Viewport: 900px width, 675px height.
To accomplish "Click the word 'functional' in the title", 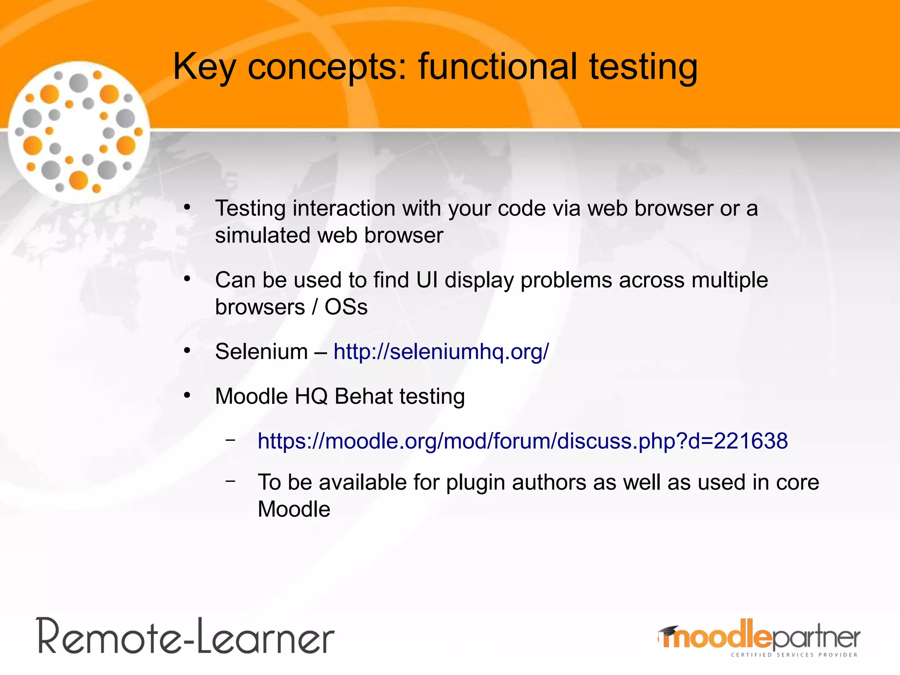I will pos(497,67).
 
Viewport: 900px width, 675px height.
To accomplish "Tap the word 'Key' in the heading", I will pos(204,67).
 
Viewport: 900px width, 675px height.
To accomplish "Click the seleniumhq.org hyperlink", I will pos(441,352).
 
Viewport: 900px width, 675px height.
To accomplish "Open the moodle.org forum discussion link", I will pos(523,441).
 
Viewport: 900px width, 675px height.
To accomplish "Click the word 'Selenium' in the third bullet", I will pos(261,352).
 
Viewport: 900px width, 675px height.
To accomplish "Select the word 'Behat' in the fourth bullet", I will pos(363,396).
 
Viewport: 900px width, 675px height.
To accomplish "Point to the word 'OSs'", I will pos(346,307).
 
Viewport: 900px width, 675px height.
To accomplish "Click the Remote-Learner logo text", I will pos(186,636).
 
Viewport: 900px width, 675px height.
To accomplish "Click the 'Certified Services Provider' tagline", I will pos(794,655).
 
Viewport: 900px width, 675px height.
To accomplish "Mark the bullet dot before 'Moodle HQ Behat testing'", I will pos(187,396).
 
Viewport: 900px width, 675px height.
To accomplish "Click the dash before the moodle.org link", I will pos(230,439).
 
